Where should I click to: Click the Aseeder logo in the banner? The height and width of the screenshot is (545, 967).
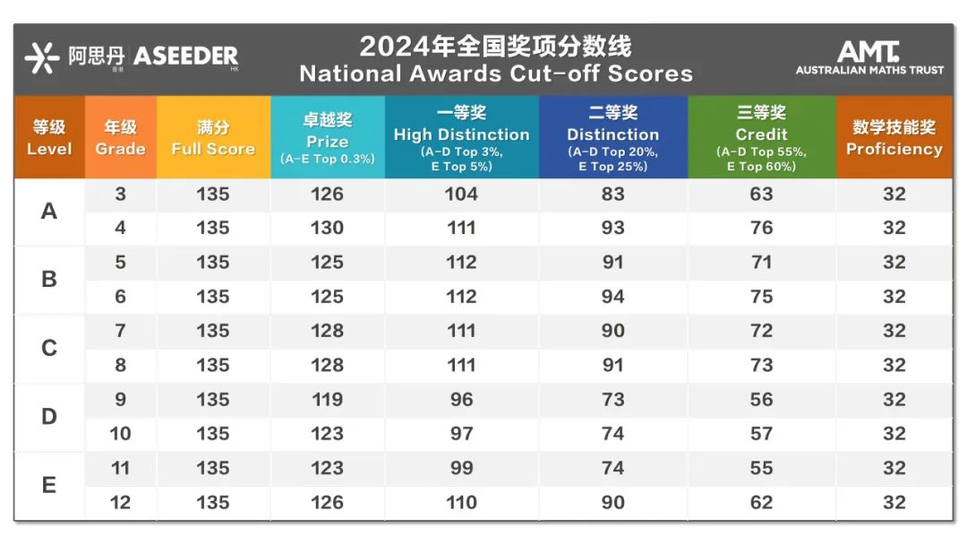click(131, 57)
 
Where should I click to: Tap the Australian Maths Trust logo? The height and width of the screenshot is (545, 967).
click(869, 58)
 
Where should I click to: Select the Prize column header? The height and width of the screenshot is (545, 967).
click(327, 136)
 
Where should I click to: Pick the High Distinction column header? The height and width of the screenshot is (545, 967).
click(461, 136)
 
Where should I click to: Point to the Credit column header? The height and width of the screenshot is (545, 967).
click(761, 136)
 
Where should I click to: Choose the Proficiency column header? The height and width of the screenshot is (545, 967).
click(894, 137)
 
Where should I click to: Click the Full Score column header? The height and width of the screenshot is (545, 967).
click(213, 137)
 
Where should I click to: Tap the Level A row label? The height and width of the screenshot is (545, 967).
click(49, 212)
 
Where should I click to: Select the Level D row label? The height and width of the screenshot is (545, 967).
click(49, 417)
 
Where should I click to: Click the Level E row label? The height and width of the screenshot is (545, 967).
click(49, 485)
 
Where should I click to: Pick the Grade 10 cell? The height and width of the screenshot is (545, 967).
click(120, 434)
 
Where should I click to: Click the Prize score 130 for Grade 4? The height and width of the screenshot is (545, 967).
click(327, 229)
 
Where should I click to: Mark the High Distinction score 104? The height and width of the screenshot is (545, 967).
click(461, 195)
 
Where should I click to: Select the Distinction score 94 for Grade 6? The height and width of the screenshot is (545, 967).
click(613, 297)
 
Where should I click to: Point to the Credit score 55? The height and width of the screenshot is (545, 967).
click(761, 468)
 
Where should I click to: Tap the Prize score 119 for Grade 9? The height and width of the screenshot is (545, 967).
click(327, 400)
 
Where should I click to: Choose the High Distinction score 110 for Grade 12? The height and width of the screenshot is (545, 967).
click(461, 502)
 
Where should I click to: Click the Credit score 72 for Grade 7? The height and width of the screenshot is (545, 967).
click(761, 331)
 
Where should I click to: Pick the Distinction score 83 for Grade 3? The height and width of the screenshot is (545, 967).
click(613, 195)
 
